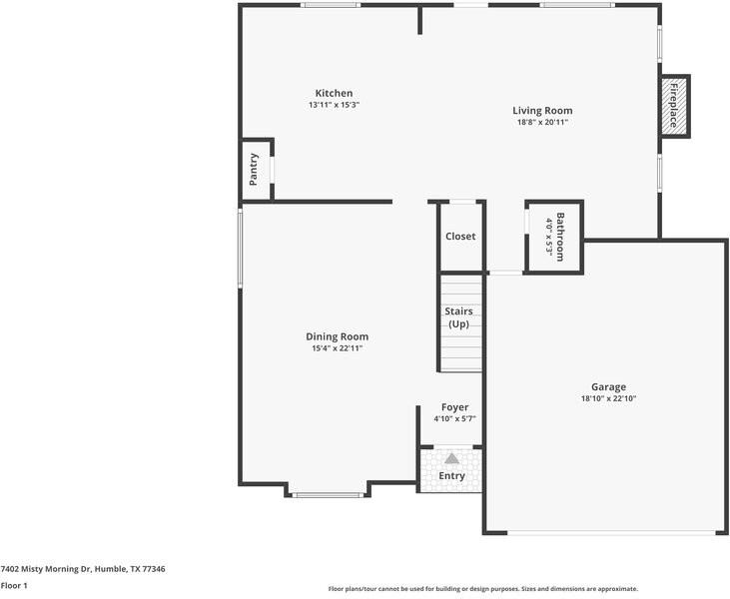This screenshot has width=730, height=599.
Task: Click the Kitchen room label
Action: click(x=334, y=93)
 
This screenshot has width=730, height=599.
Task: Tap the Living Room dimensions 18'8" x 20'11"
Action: click(x=543, y=123)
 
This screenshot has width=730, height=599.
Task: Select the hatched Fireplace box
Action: click(x=674, y=106)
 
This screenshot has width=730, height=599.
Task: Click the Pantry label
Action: click(x=254, y=170)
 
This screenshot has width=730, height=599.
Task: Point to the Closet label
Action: click(x=460, y=237)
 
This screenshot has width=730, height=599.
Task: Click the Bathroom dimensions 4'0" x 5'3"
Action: click(x=549, y=237)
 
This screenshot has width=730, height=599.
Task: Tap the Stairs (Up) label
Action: click(x=458, y=317)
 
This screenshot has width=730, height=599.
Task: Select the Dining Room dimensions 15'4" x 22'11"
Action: click(x=338, y=348)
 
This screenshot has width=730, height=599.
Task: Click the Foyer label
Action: click(x=454, y=407)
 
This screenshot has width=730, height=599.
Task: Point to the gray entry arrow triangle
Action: click(x=451, y=459)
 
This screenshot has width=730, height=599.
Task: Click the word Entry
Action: click(x=451, y=476)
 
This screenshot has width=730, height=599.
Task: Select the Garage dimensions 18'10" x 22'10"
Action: click(x=608, y=398)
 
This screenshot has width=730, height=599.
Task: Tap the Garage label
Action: click(x=608, y=386)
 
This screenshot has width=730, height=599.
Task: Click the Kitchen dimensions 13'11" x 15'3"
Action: click(x=334, y=105)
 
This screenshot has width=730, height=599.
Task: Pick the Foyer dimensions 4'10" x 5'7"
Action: click(x=454, y=419)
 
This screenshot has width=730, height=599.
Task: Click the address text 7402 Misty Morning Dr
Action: click(x=46, y=569)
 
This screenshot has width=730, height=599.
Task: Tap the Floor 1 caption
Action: click(x=14, y=585)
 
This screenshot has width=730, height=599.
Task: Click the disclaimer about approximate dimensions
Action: click(x=482, y=589)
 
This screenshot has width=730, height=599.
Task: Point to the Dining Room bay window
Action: click(x=328, y=495)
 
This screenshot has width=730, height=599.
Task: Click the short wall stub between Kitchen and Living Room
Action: click(x=420, y=20)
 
